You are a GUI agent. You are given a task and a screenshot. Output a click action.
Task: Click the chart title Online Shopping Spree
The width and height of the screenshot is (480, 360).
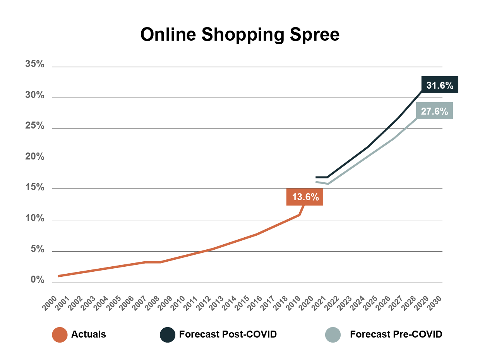click(240, 35)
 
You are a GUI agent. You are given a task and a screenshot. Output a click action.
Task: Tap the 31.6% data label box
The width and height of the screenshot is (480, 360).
click(440, 85)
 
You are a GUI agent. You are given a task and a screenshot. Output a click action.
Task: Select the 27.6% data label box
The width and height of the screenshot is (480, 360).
click(434, 111)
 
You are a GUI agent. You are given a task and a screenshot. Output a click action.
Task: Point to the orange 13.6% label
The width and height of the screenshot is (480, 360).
click(305, 197)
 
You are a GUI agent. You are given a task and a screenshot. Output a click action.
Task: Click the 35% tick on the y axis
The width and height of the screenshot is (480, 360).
click(35, 64)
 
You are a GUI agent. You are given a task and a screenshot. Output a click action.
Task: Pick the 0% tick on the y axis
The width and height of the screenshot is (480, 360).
click(38, 280)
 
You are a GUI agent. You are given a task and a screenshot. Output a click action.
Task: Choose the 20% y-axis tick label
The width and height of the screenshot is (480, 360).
click(35, 157)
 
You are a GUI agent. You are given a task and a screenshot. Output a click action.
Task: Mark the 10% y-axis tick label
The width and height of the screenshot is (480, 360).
click(35, 218)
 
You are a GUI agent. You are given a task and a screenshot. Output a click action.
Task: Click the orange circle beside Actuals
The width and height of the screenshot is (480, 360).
click(60, 334)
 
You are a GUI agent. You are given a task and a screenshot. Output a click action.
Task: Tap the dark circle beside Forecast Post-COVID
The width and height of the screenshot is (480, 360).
click(168, 334)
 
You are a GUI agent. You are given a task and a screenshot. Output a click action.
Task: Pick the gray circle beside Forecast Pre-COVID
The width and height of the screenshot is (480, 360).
click(333, 334)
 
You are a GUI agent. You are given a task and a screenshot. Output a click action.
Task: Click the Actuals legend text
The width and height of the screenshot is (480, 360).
click(88, 334)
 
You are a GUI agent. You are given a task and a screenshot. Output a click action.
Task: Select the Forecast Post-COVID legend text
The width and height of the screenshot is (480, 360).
click(228, 334)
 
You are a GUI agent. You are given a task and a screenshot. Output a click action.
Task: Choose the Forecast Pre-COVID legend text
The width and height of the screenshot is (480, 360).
click(396, 334)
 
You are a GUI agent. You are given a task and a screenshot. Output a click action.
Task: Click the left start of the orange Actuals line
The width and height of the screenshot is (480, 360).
click(58, 276)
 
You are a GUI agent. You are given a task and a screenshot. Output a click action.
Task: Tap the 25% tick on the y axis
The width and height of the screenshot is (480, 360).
click(35, 126)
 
